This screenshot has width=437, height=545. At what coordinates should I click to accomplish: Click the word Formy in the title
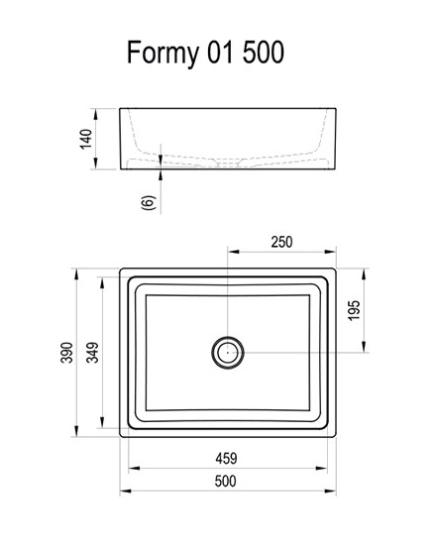pos(163,54)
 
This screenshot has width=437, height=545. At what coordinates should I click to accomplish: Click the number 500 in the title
pos(264,53)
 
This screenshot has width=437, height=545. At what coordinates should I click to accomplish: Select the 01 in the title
pos(220,53)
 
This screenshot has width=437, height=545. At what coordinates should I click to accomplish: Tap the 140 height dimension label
pos(86,139)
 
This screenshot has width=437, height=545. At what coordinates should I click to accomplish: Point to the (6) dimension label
pos(149,202)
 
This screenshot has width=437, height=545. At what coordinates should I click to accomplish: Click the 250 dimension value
pos(281,242)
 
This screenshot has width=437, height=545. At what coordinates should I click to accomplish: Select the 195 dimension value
pos(354,310)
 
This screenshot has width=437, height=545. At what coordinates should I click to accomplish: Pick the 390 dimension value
pos(66,353)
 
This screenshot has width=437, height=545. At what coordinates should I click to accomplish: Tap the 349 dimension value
pos(92,353)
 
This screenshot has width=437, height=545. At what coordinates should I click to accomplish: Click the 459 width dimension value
pos(226,459)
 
